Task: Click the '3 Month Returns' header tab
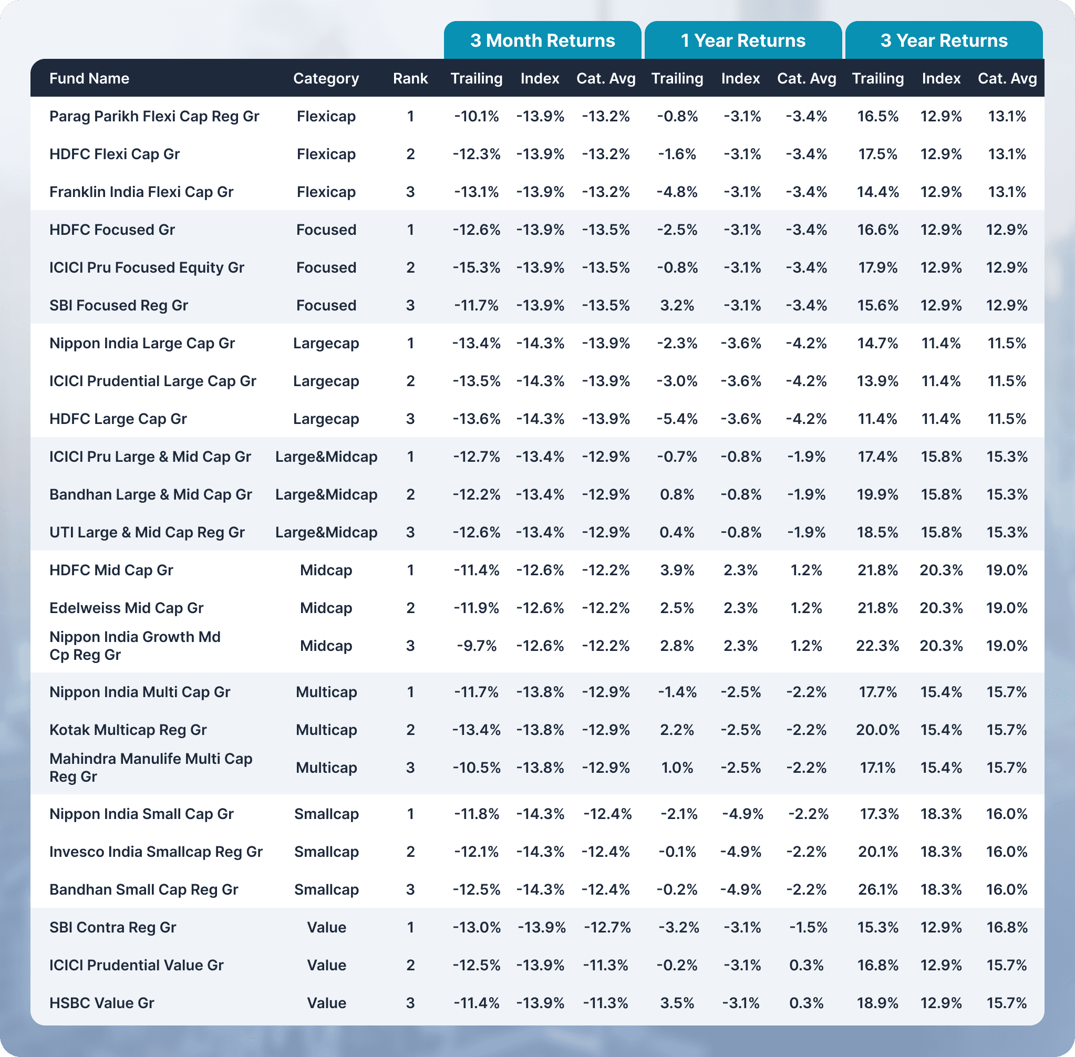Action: point(543,40)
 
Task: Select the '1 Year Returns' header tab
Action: point(743,40)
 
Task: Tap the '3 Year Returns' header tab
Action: point(944,40)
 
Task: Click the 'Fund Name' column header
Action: point(89,78)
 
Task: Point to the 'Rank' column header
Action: point(410,78)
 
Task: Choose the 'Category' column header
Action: point(326,78)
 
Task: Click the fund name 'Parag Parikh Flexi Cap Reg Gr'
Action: point(154,116)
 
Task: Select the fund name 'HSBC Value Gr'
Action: point(101,1002)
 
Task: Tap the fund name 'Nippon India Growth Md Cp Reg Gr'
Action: point(135,646)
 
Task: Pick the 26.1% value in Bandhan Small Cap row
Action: point(877,889)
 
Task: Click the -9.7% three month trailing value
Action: point(477,646)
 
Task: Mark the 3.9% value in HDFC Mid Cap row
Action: point(677,570)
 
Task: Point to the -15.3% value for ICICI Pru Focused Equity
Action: point(477,267)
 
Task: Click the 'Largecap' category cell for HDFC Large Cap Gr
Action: point(326,419)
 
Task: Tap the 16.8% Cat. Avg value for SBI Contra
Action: point(1007,927)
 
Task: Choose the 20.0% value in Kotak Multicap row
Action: point(877,730)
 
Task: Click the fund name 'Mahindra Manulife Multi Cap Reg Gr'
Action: point(150,767)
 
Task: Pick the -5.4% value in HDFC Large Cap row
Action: point(677,419)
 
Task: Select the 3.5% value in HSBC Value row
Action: point(677,1002)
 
